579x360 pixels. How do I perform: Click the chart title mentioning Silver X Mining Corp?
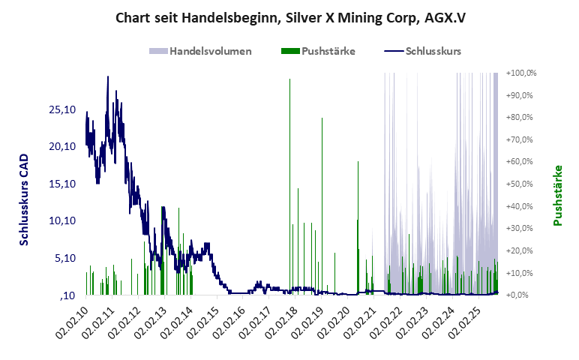pos(289,17)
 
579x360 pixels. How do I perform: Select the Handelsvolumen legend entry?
pos(200,51)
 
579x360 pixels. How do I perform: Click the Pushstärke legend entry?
pos(318,51)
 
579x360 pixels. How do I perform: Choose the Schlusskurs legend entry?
pos(422,51)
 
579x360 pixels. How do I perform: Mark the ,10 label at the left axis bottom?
pos(68,295)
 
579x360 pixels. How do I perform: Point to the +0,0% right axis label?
pos(524,295)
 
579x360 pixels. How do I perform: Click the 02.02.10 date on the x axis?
pos(73,324)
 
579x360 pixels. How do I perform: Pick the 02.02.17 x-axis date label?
pos(255,324)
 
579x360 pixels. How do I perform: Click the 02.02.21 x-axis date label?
pos(359,324)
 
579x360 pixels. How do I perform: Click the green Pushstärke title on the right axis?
pos(557,195)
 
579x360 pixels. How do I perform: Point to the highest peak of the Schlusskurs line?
pos(108,76)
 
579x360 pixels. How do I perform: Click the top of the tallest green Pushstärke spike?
pos(289,79)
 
